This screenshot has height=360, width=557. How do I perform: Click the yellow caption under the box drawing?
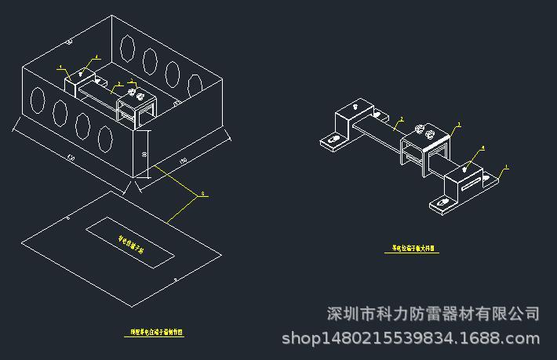[x=157, y=333]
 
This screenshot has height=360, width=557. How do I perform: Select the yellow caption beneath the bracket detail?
[x=415, y=249]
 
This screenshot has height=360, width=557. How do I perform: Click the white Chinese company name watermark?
[x=433, y=315]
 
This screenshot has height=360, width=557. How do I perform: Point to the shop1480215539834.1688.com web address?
[x=410, y=339]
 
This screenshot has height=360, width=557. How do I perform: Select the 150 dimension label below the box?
[x=184, y=161]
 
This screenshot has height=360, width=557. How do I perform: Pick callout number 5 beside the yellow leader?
[x=202, y=192]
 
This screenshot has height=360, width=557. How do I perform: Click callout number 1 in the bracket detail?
[x=507, y=166]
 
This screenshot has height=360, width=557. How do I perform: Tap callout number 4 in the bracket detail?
[x=482, y=147]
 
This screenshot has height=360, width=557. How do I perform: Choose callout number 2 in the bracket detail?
[x=401, y=120]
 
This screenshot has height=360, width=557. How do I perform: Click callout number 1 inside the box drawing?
[x=61, y=67]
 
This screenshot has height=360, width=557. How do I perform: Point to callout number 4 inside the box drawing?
[x=96, y=56]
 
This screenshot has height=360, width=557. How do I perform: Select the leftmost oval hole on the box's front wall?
[x=37, y=100]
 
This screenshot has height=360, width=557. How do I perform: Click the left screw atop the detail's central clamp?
[x=420, y=128]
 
